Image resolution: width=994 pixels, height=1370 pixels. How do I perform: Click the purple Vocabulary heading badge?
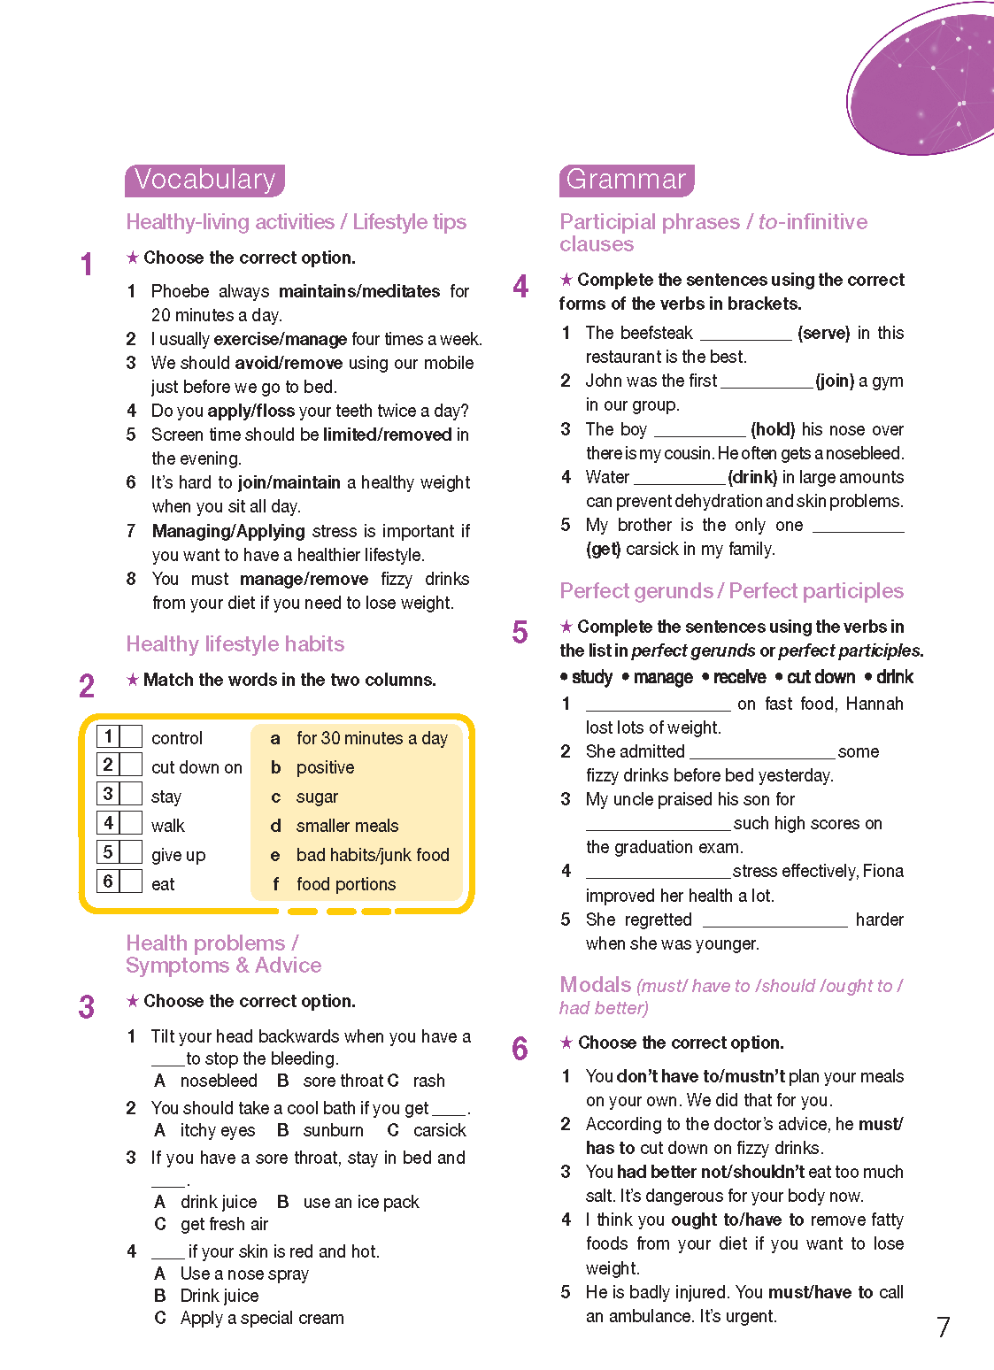[204, 180]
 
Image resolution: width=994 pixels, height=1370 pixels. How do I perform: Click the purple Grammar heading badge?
[626, 180]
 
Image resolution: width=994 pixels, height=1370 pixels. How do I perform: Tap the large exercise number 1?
[87, 264]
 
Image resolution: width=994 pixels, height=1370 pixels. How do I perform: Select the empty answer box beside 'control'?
[131, 736]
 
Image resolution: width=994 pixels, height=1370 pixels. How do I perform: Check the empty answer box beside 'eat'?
[131, 881]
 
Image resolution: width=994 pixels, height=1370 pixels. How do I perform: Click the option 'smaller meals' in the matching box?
[347, 826]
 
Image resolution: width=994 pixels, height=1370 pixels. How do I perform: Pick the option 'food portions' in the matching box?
[346, 884]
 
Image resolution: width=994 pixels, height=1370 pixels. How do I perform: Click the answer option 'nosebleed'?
[219, 1081]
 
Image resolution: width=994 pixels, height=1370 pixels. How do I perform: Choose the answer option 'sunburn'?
[333, 1130]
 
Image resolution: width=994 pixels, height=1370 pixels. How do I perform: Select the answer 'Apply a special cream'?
[262, 1318]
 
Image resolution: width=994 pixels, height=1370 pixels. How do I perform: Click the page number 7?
[944, 1327]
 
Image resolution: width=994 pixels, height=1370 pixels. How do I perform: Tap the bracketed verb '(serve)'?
[823, 333]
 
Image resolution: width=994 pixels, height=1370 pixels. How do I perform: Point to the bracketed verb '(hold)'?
[773, 429]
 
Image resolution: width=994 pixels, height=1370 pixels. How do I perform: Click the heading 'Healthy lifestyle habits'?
[235, 643]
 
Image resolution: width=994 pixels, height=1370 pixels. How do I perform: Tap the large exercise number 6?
[520, 1049]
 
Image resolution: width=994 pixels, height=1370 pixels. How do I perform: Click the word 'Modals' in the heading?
[595, 984]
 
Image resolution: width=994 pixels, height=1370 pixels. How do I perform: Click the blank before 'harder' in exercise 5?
[774, 921]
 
